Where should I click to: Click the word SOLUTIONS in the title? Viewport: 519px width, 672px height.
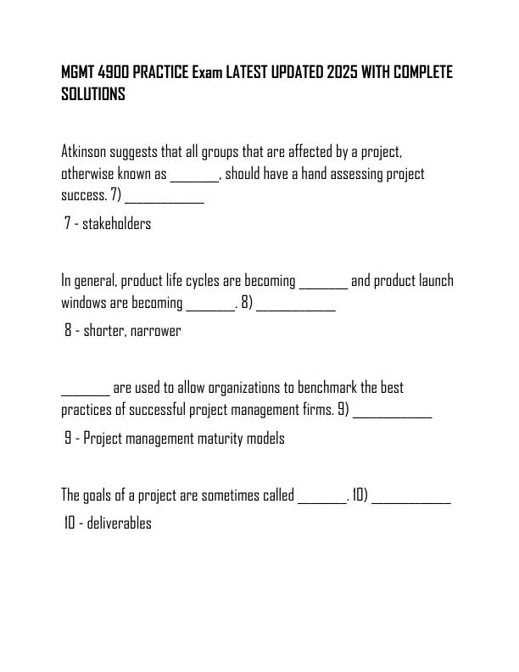pyautogui.click(x=93, y=95)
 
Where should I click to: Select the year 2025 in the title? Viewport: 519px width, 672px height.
pyautogui.click(x=343, y=72)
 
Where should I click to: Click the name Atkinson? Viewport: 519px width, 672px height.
pyautogui.click(x=86, y=153)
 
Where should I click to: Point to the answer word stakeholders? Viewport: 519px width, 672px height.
pyautogui.click(x=116, y=224)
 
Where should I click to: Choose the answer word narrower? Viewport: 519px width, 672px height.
pyautogui.click(x=157, y=331)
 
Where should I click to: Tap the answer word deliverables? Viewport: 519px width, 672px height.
pyautogui.click(x=119, y=523)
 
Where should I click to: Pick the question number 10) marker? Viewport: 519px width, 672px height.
pyautogui.click(x=360, y=496)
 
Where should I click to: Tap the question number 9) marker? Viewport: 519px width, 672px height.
pyautogui.click(x=343, y=411)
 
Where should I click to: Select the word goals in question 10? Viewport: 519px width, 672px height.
pyautogui.click(x=106, y=496)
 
